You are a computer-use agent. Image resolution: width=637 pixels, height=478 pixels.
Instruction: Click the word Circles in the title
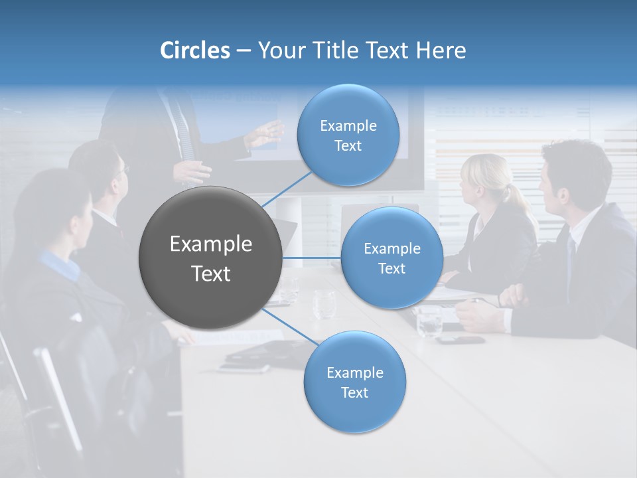point(194,50)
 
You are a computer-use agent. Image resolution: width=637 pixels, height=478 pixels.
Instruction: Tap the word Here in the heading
point(441,50)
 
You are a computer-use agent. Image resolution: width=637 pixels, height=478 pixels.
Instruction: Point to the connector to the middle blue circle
point(311,258)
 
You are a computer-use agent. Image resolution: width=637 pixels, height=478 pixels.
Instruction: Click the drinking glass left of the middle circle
point(324,304)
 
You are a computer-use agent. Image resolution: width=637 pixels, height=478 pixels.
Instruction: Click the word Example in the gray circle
point(210,244)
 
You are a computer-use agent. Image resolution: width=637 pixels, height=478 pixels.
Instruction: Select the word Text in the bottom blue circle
point(354,392)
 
